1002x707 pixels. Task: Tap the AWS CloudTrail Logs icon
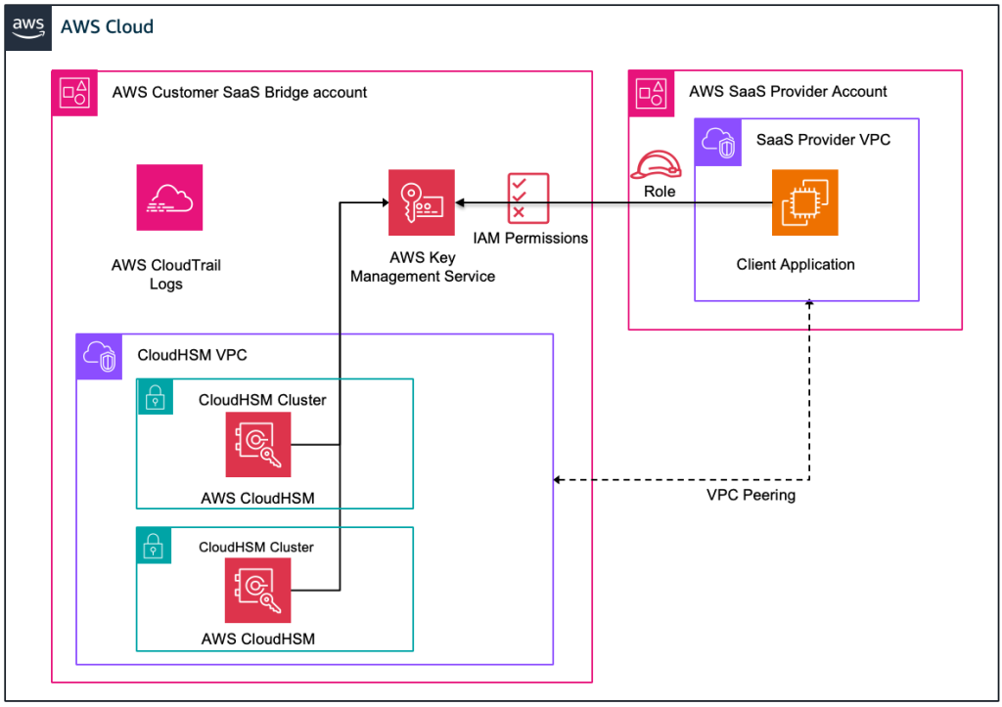pos(170,198)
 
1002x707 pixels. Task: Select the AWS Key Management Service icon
pos(422,202)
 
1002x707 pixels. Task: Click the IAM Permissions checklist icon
pos(528,198)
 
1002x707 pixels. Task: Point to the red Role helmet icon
pos(659,164)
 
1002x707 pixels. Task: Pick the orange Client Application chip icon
pos(804,202)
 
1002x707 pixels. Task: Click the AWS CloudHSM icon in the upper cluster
pos(258,444)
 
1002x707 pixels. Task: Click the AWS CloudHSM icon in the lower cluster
pos(258,590)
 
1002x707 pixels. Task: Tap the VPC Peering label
pos(751,495)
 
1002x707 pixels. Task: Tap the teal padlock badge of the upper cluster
pos(155,397)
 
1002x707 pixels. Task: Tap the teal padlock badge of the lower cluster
pos(155,546)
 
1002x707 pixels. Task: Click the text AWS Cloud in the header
pos(107,26)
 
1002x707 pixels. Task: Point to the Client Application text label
pos(795,265)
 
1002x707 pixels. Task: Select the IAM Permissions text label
pos(530,238)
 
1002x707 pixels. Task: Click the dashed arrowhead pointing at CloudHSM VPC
pos(559,480)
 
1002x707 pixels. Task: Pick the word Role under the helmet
pos(659,192)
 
